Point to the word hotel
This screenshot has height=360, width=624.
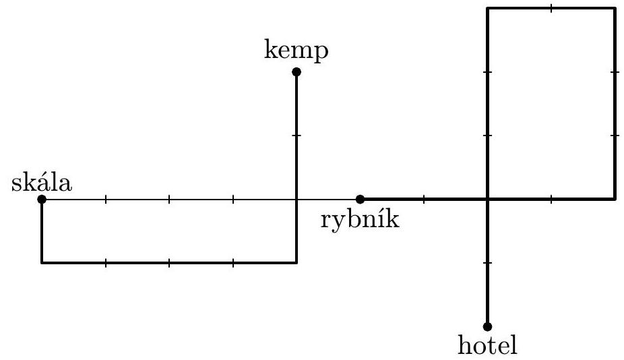point(487,345)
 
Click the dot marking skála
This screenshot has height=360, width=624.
point(42,199)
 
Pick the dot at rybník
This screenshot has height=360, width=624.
point(361,199)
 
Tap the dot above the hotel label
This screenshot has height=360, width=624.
point(487,326)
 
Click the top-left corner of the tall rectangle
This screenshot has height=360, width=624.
point(487,8)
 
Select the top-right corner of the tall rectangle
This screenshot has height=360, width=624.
point(615,8)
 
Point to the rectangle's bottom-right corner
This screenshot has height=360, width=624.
point(615,199)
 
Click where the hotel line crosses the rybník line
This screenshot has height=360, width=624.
point(487,199)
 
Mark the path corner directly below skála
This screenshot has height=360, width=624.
point(42,262)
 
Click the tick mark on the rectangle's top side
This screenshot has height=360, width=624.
point(551,8)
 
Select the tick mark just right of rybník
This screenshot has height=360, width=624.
point(424,199)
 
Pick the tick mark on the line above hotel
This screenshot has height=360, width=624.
point(487,262)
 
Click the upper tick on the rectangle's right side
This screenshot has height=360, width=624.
point(615,71)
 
